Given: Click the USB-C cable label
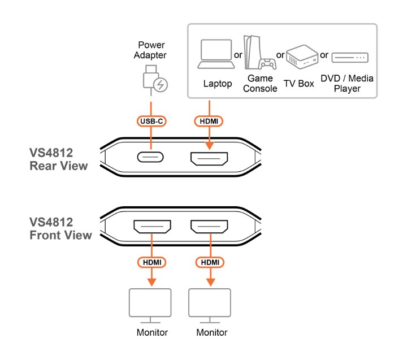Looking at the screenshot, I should click(151, 121).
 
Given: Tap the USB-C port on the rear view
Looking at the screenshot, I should click(150, 157).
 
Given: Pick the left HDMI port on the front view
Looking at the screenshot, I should click(151, 227).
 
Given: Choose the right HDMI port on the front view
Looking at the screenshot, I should click(209, 227).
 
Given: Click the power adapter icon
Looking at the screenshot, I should click(153, 79).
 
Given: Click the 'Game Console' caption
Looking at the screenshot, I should click(260, 83).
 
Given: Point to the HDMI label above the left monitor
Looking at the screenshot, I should click(151, 263).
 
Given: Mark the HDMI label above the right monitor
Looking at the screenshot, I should click(209, 263).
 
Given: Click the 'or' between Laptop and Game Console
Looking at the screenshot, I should click(238, 55).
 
